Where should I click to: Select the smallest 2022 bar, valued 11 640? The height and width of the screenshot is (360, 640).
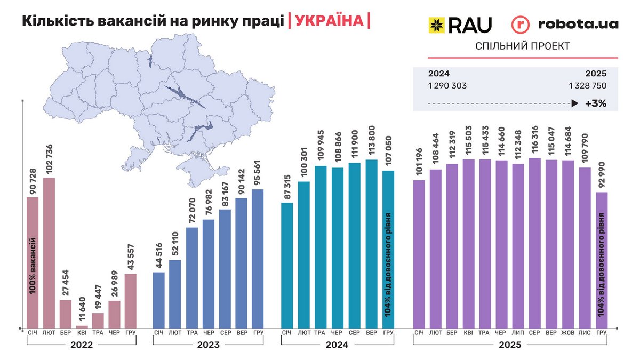82,326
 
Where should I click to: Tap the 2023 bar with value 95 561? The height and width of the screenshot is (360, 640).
258,258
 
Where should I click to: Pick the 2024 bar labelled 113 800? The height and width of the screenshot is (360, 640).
372,243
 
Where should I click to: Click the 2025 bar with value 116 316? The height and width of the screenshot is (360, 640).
535,243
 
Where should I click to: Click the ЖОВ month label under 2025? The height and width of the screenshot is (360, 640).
568,333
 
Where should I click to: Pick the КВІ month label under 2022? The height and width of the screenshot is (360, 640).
82,333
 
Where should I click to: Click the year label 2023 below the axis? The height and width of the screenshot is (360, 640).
209,345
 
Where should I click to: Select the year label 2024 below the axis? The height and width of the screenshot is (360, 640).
338,345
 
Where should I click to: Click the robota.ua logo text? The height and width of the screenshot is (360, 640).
578,24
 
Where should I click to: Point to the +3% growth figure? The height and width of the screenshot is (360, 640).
595,103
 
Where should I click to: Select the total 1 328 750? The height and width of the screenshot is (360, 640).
587,85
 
